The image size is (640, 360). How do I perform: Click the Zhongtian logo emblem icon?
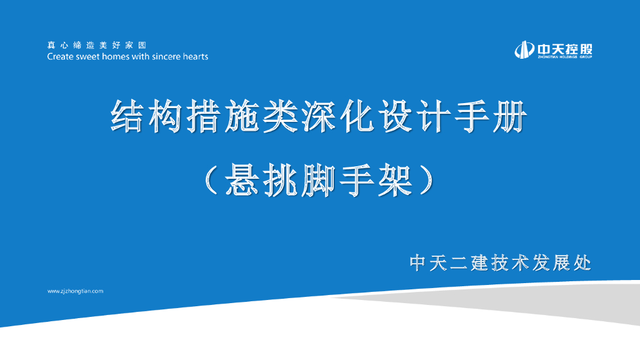coord(524,49)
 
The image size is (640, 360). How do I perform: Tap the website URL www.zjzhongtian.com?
coord(75,291)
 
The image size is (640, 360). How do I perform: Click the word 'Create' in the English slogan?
coord(61,56)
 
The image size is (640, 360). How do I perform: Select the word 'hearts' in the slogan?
coord(196,56)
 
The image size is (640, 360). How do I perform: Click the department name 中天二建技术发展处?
coord(500,263)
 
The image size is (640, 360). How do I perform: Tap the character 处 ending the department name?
coord(582,263)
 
